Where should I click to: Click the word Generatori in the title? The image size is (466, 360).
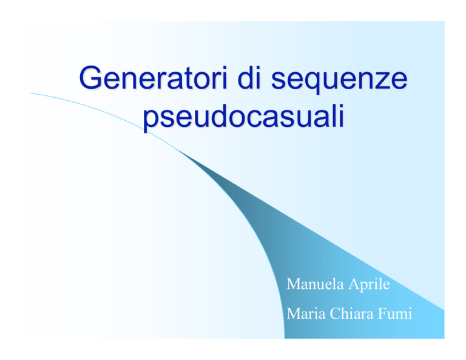pos(154,78)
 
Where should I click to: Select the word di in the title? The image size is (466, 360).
pos(249,78)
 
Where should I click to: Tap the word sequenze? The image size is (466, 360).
pos(339,80)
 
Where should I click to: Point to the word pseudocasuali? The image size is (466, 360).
pos(243,117)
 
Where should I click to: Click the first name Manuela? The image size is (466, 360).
pos(315,284)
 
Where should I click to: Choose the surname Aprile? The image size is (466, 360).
pos(369,285)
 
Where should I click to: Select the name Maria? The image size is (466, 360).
pos(306,314)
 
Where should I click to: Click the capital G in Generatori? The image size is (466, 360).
pos(90,78)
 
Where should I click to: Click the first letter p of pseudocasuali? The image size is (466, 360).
pos(151,121)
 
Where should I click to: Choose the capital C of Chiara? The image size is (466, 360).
pos(336,314)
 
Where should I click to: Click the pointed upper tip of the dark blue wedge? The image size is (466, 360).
pos(179,151)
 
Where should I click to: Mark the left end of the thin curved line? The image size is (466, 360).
pos(30,93)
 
